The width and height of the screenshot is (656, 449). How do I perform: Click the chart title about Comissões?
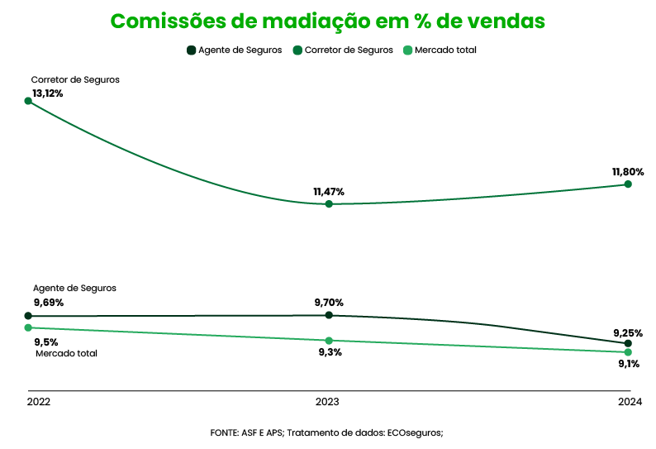pyautogui.click(x=327, y=21)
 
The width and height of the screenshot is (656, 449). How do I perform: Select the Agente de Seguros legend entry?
pyautogui.click(x=235, y=50)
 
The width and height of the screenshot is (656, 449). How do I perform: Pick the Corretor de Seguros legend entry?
pyautogui.click(x=343, y=50)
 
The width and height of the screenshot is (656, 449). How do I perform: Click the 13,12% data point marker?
pyautogui.click(x=28, y=101)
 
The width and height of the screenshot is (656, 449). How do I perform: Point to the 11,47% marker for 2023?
pyautogui.click(x=329, y=203)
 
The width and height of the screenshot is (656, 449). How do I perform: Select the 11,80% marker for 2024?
pyautogui.click(x=628, y=184)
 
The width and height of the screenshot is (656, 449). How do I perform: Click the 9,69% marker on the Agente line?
pyautogui.click(x=28, y=316)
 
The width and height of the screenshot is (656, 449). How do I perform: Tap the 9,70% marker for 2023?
pyautogui.click(x=329, y=315)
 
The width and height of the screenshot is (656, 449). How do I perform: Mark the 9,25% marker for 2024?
pyautogui.click(x=628, y=343)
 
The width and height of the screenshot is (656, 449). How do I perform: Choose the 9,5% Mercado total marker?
pyautogui.click(x=28, y=328)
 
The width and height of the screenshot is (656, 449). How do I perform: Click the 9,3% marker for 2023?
pyautogui.click(x=329, y=341)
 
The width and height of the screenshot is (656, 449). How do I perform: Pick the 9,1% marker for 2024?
pyautogui.click(x=628, y=352)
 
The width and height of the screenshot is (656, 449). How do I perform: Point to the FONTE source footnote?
pyautogui.click(x=327, y=432)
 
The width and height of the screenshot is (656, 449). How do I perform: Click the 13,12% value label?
pyautogui.click(x=48, y=93)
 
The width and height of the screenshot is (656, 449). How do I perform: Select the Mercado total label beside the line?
pyautogui.click(x=66, y=353)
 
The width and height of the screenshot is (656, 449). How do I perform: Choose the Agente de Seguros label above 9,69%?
pyautogui.click(x=74, y=288)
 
